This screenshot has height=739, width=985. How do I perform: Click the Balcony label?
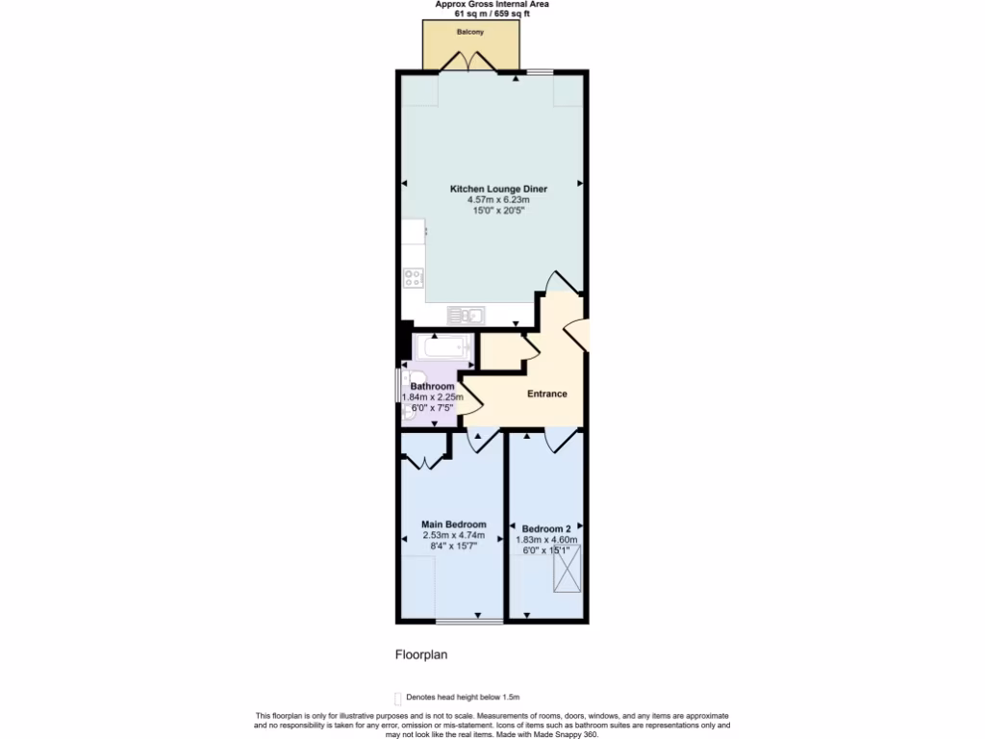click(x=470, y=33)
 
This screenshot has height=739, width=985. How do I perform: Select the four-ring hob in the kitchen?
click(x=415, y=279)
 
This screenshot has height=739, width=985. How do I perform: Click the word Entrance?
click(x=546, y=394)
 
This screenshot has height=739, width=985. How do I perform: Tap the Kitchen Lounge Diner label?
click(x=498, y=190)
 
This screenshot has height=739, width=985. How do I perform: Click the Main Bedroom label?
click(x=453, y=524)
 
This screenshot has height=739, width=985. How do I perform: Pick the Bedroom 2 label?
click(x=546, y=529)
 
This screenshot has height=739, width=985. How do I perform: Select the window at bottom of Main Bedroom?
click(x=468, y=621)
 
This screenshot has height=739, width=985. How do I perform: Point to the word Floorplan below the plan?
click(x=421, y=654)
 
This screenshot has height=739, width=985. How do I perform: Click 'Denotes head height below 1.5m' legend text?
click(x=463, y=698)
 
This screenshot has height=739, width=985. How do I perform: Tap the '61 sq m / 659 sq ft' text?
click(x=492, y=14)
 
